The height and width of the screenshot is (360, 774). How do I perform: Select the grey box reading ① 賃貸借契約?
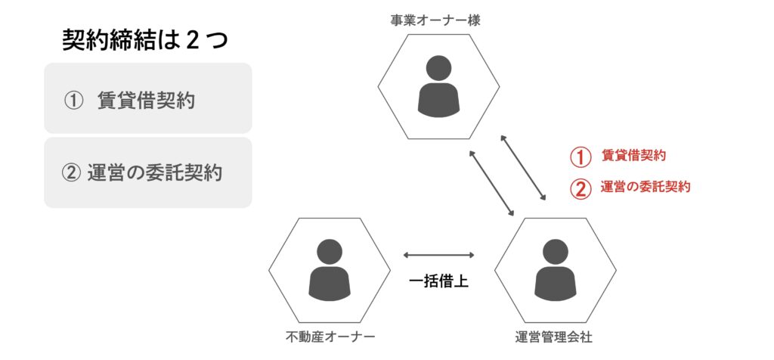(147, 98)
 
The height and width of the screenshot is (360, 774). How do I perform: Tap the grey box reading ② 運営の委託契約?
(147, 172)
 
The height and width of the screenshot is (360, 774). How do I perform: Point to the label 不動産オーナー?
(330, 337)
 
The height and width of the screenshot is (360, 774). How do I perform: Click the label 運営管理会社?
(555, 337)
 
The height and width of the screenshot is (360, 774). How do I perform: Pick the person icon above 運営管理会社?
(555, 269)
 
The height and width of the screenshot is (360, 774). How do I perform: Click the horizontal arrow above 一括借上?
(439, 256)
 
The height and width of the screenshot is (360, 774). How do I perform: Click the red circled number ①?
(579, 157)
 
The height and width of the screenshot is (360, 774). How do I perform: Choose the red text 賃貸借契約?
(633, 156)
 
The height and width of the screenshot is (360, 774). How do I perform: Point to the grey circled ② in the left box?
(70, 173)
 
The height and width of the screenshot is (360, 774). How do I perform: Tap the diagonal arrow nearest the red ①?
(525, 169)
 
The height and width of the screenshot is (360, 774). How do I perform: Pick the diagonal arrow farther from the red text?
(492, 182)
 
